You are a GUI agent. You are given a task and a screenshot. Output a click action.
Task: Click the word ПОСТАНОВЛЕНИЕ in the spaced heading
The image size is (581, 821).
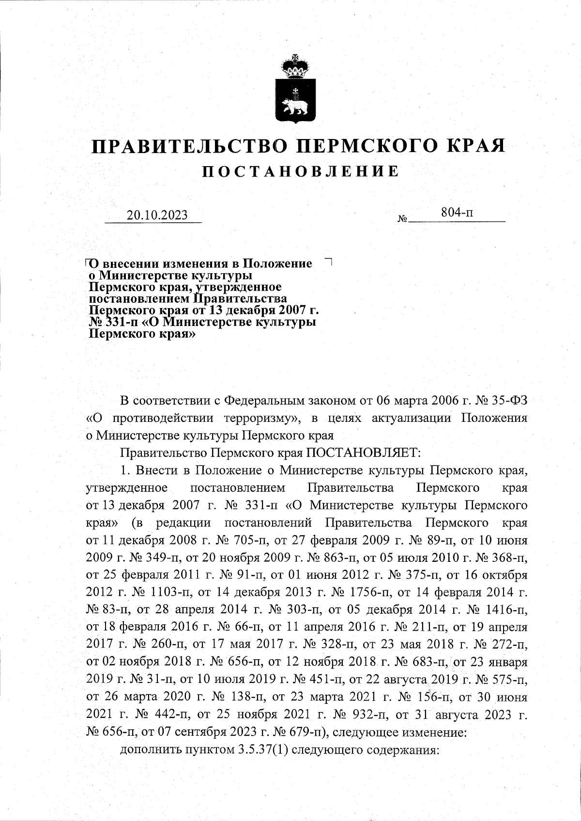(x=300, y=171)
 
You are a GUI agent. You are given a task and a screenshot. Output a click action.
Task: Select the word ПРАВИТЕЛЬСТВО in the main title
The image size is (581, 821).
(x=189, y=145)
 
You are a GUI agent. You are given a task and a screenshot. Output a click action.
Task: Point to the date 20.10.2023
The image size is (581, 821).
(x=157, y=215)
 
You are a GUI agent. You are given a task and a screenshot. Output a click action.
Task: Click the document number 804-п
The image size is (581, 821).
(x=457, y=213)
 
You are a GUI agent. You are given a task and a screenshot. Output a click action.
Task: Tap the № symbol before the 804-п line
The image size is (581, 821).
(x=402, y=219)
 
